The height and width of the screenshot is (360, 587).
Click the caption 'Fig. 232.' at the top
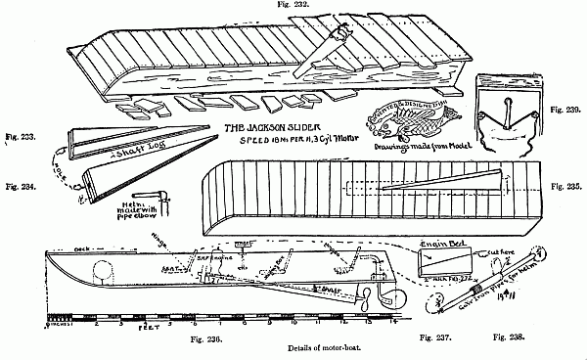(x=293, y=6)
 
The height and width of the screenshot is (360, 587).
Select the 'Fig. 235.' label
(x=566, y=185)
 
